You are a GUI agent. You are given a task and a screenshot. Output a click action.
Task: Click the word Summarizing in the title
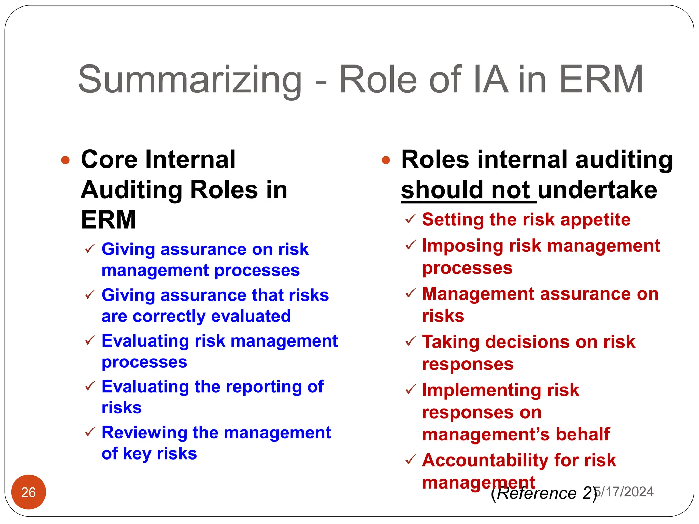(190, 80)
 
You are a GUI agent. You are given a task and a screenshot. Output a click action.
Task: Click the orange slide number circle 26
(28, 492)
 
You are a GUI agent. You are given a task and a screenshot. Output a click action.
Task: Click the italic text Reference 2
(545, 493)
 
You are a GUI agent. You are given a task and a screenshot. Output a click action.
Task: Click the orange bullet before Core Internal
(65, 160)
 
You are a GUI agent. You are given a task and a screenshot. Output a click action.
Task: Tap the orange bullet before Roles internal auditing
(386, 160)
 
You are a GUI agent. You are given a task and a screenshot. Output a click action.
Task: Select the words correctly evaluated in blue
(212, 316)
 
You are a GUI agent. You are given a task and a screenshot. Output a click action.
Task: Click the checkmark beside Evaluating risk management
(90, 340)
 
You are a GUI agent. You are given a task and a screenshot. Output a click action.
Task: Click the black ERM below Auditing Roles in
(109, 220)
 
